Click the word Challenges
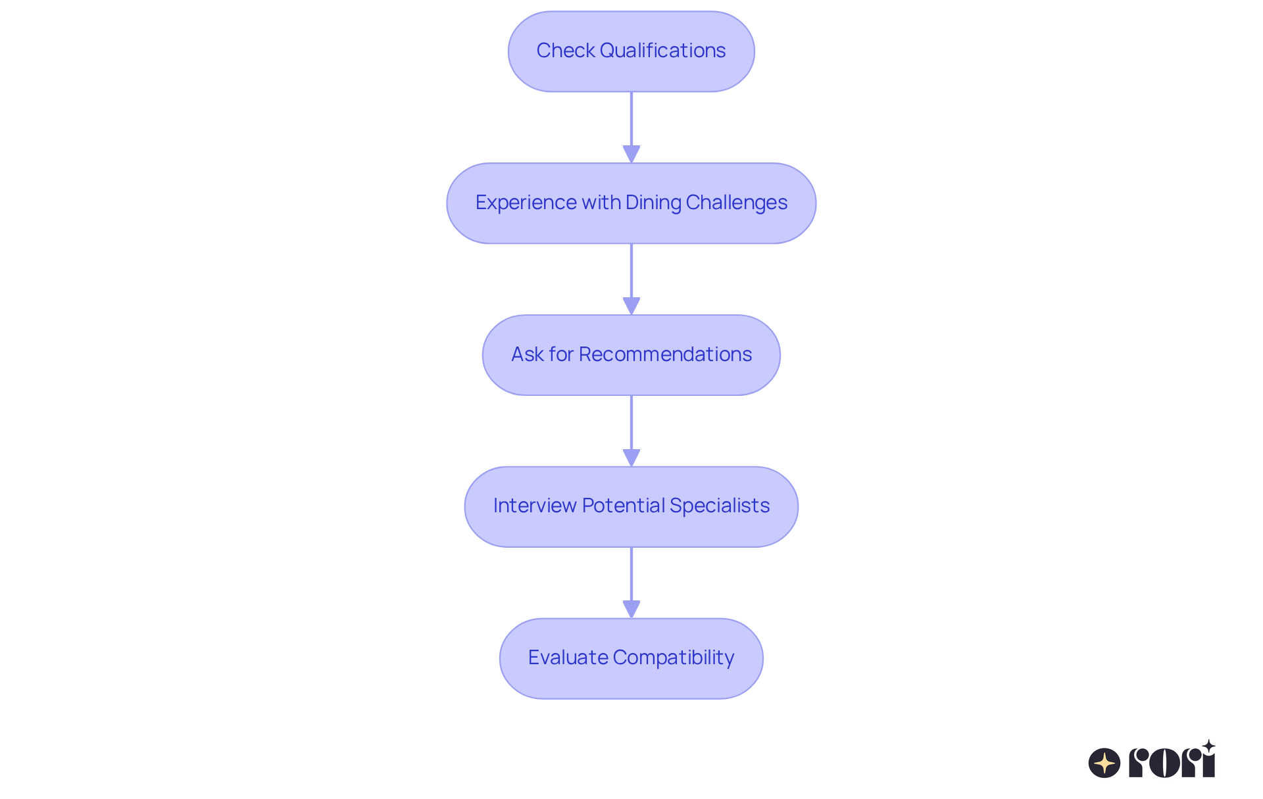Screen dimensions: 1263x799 [737, 203]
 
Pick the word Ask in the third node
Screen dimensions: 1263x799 [528, 354]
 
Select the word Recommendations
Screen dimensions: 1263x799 [665, 354]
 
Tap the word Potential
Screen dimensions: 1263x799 [623, 506]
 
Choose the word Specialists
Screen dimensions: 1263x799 [720, 506]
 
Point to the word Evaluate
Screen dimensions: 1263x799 [568, 658]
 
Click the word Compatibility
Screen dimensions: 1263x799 [674, 658]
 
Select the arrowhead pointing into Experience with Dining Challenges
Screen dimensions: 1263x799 [631, 155]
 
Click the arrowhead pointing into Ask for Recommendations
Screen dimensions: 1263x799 [631, 306]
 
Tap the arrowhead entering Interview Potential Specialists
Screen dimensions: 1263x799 [631, 458]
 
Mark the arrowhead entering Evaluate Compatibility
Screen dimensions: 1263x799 [631, 610]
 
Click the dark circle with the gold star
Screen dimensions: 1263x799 [1104, 763]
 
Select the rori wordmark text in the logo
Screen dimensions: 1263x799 [1172, 763]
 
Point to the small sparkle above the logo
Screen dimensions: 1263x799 [1208, 746]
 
